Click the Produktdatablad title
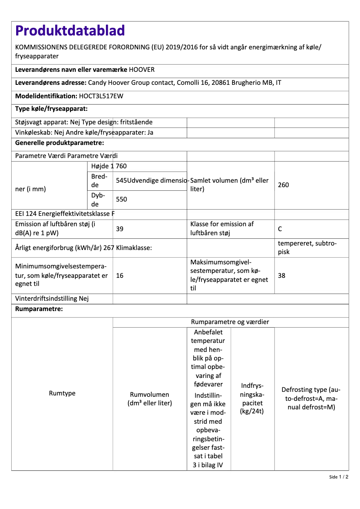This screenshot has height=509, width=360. [70, 31]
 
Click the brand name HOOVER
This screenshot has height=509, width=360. [142, 70]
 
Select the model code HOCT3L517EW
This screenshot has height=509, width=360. [101, 96]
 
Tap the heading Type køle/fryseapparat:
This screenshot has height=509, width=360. [51, 109]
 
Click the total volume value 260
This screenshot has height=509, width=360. [283, 185]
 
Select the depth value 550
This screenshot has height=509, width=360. [122, 199]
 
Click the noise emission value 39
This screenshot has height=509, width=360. [120, 229]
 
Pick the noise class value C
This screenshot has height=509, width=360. [280, 229]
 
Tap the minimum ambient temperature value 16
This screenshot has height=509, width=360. [120, 276]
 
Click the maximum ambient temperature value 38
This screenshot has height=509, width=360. [281, 276]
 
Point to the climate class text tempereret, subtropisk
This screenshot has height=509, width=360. [307, 247]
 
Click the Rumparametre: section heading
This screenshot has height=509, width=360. [39, 309]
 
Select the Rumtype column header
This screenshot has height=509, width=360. [62, 393]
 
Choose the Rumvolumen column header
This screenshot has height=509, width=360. [149, 399]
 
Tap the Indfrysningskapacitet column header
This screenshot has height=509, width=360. [252, 399]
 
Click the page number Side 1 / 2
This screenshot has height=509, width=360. [338, 477]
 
